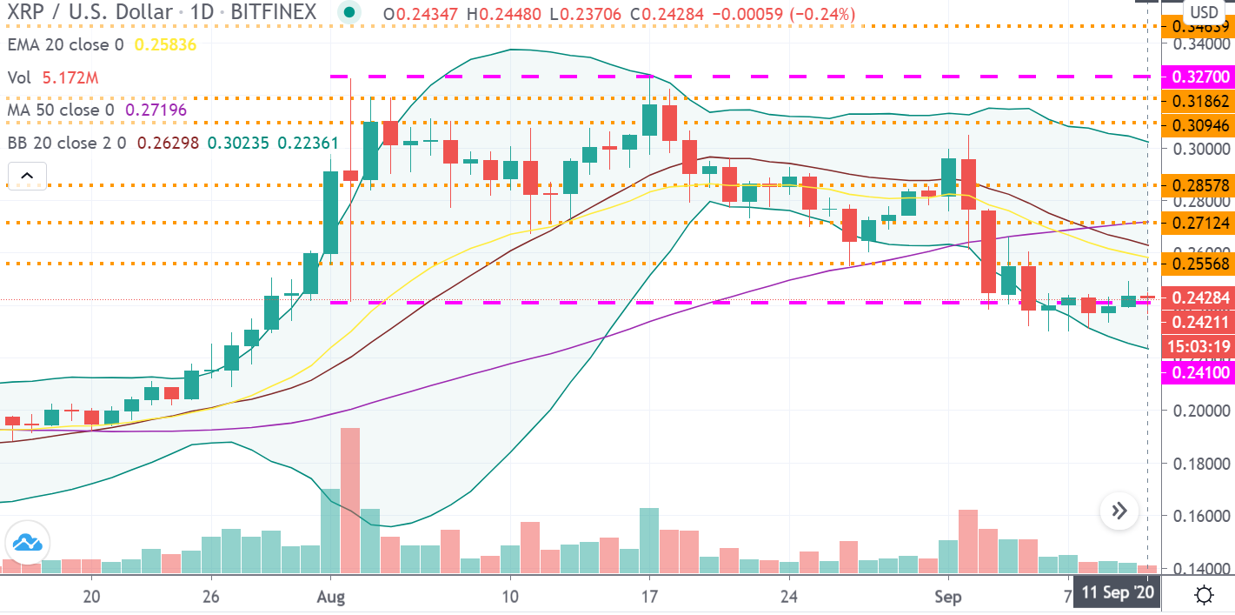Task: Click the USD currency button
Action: tap(1203, 12)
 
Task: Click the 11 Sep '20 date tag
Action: tap(1118, 595)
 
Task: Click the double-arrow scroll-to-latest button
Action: tap(1119, 511)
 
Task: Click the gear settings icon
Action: tap(1204, 596)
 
